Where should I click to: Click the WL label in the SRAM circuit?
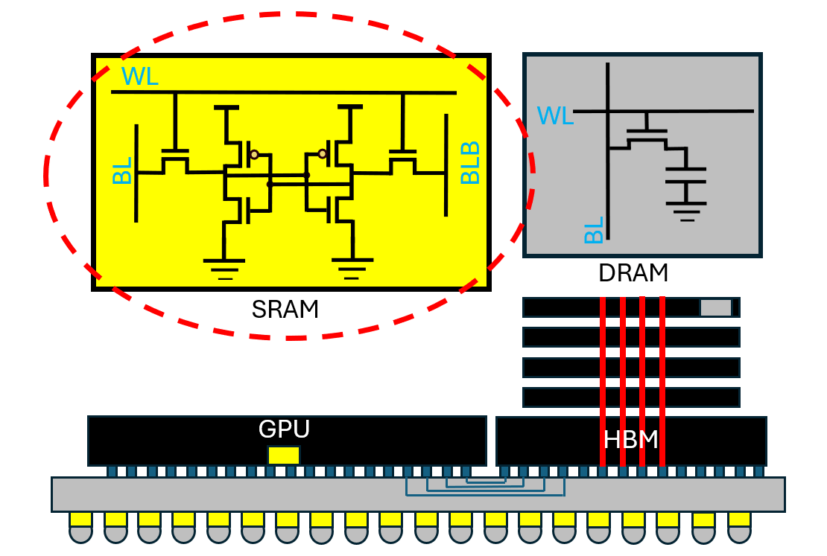pos(140,77)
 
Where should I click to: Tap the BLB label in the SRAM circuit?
pos(470,163)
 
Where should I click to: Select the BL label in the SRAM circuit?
pos(122,170)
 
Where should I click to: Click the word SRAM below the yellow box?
pos(285,310)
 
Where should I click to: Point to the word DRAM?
pos(633,273)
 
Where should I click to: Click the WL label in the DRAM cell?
pos(555,116)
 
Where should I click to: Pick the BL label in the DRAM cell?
pos(594,230)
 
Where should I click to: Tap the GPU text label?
pos(284,429)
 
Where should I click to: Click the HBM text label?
pos(631,440)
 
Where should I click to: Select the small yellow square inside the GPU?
pos(284,456)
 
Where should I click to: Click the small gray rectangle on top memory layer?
pos(716,308)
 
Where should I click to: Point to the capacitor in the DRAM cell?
pos(685,176)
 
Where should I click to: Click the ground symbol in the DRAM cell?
pos(686,211)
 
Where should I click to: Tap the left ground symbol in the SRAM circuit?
pos(224,269)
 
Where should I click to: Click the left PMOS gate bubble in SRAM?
pos(255,154)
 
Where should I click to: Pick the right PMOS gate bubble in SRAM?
pos(323,154)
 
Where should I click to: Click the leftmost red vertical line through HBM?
pos(603,382)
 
